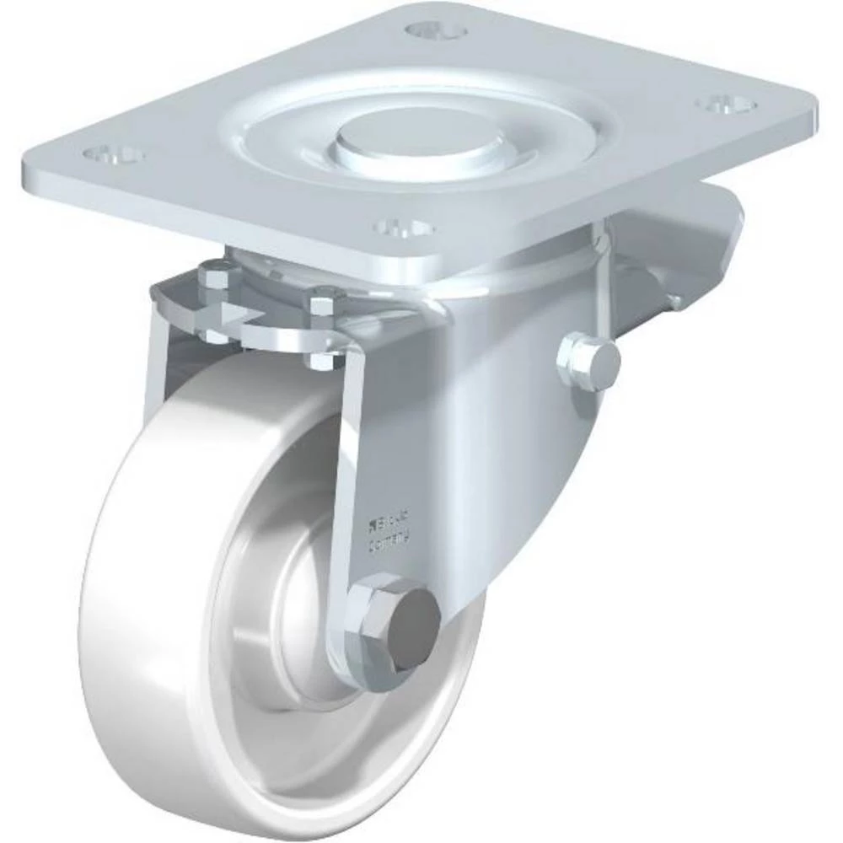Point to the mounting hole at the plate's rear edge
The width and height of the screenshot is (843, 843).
point(436,31)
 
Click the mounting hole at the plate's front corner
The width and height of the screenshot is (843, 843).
point(403,228)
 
